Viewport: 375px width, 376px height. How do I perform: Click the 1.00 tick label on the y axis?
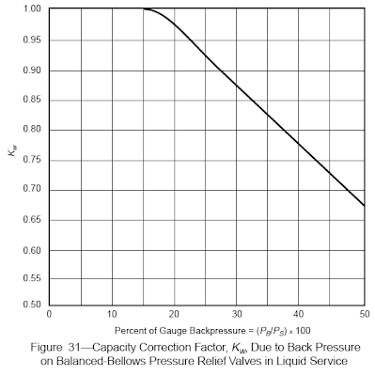(32, 8)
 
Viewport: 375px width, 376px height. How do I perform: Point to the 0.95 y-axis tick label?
(32, 40)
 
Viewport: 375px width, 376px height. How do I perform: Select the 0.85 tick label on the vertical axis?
(32, 100)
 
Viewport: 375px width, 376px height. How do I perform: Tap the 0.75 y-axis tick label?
(32, 160)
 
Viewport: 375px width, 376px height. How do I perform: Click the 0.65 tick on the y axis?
(32, 220)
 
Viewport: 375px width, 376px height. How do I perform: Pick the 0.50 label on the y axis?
(32, 305)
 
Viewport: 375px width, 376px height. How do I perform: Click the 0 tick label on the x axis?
(49, 314)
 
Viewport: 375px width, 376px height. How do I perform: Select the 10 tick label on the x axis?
(112, 314)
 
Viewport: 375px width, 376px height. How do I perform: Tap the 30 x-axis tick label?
(237, 314)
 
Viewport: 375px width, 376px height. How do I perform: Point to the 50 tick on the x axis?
(365, 314)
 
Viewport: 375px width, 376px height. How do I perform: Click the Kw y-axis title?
(12, 152)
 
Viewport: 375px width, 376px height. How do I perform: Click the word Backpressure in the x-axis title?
(212, 331)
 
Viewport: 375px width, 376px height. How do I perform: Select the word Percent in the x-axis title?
(128, 331)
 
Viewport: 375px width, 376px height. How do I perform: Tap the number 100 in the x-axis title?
(304, 331)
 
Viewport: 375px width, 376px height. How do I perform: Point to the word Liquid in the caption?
(290, 361)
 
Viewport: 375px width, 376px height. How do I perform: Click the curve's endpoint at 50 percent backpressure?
(365, 206)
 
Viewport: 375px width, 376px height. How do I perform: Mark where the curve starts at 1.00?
(144, 9)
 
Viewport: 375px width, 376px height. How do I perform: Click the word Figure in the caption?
(46, 348)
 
